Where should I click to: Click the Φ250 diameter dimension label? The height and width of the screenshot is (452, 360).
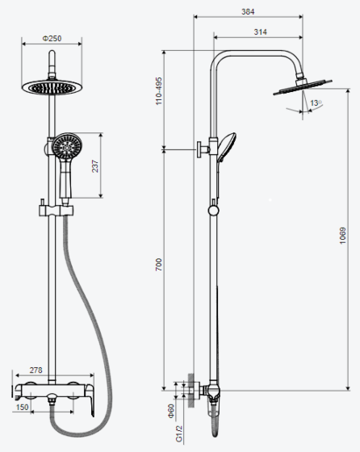pos(52,39)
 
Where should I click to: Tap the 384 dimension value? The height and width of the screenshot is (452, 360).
pos(248,12)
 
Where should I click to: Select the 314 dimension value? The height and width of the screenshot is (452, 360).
pos(260,32)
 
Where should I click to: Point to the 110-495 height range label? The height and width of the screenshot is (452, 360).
pos(159,90)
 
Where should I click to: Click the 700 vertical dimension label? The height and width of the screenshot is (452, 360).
pos(159,265)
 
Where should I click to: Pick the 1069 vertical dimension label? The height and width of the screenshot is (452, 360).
pos(342,236)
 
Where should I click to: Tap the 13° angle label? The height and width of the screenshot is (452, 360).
pos(316,103)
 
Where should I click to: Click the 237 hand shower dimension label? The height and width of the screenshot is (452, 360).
pos(94,166)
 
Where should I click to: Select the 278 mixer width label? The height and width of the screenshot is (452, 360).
pos(36,370)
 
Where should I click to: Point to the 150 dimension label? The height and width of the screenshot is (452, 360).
pos(22,407)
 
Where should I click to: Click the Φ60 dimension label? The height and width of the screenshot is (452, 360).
pos(171,411)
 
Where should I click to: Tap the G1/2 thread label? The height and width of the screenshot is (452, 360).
pos(179,433)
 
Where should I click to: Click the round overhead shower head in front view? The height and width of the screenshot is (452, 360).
pos(52,87)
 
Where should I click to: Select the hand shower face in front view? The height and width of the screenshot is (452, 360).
pos(67,147)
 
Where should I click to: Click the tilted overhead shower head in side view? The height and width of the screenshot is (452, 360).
pos(303,87)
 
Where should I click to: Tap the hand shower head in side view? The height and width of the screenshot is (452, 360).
pos(227,147)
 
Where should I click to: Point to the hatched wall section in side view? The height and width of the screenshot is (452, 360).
pos(190,390)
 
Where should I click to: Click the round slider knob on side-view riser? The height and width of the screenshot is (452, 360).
pos(214,211)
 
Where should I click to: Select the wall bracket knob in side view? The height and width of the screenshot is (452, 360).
pos(203,149)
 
